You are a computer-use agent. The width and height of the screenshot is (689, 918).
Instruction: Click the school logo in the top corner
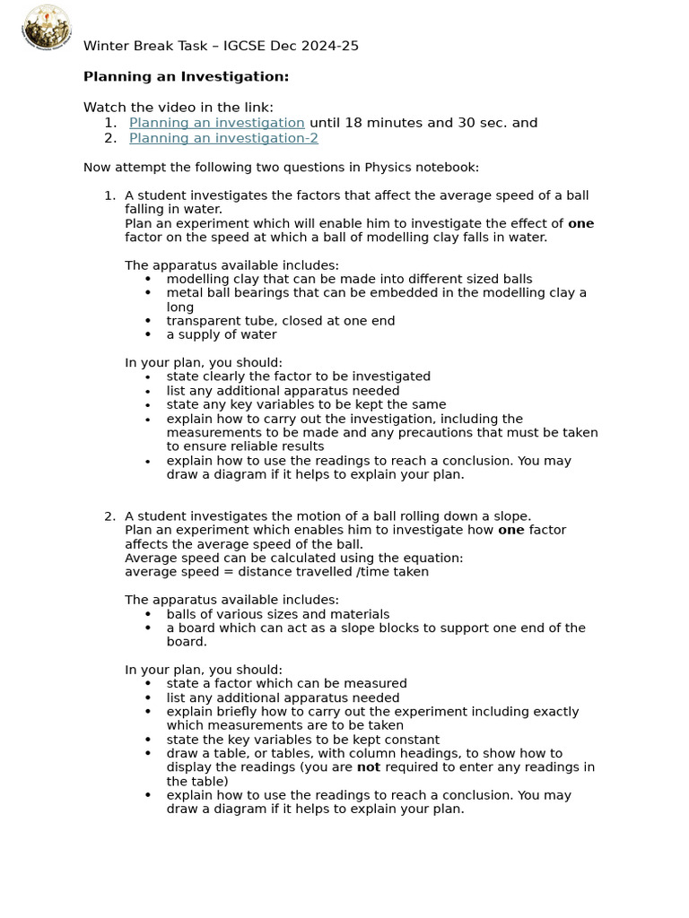[x=47, y=28]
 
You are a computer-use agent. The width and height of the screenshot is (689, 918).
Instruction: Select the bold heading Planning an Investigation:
[x=186, y=77]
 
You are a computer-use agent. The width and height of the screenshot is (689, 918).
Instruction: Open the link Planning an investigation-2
[x=223, y=138]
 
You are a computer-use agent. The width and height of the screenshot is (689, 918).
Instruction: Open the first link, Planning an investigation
[x=216, y=123]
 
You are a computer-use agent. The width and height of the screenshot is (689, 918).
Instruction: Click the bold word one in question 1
[x=580, y=224]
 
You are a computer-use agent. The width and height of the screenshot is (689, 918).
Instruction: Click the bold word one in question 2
[x=510, y=530]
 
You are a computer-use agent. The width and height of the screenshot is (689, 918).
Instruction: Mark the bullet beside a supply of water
[x=148, y=335]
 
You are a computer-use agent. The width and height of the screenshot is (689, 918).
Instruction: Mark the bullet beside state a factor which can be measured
[x=148, y=684]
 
